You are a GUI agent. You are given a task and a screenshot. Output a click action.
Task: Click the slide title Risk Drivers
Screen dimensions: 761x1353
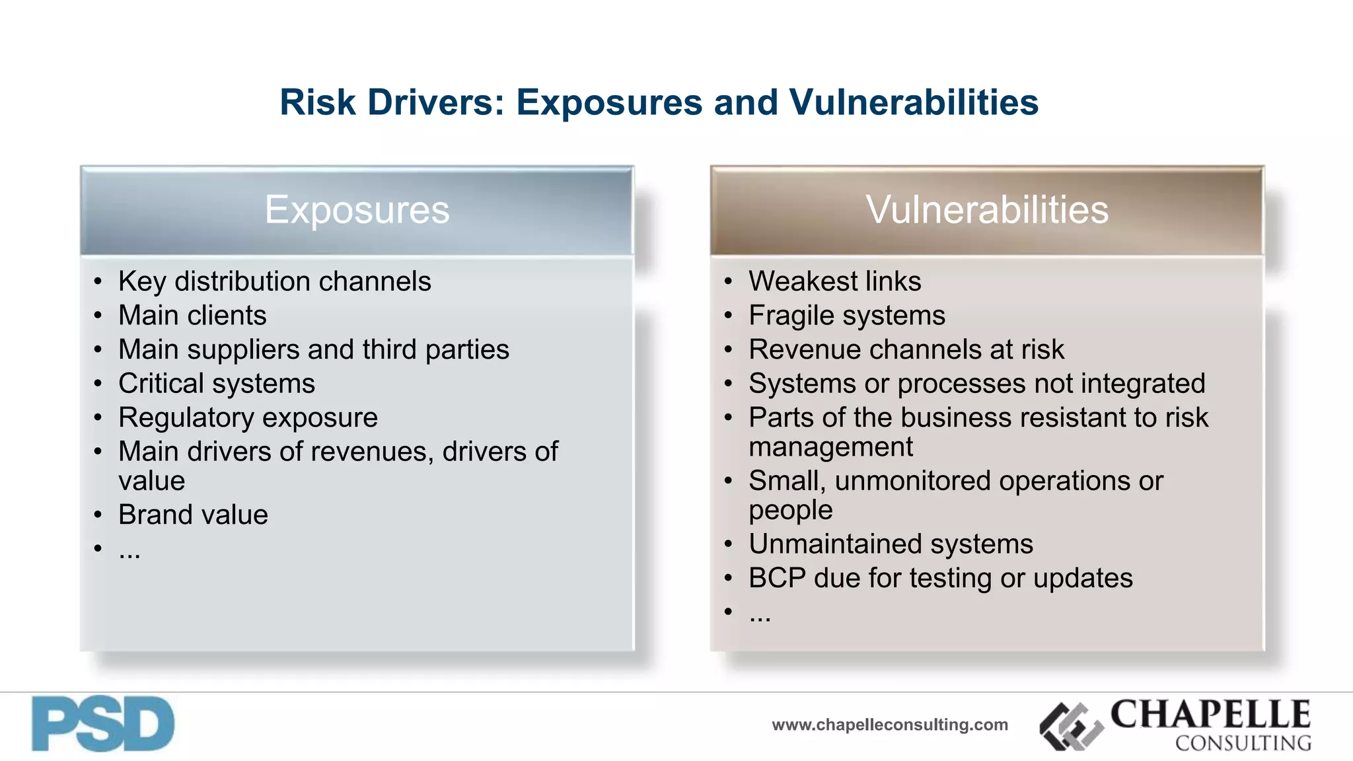(x=659, y=103)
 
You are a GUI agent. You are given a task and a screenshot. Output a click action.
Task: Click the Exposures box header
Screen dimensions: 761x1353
(x=357, y=210)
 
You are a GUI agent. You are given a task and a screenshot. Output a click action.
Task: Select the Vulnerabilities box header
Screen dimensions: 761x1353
(x=987, y=210)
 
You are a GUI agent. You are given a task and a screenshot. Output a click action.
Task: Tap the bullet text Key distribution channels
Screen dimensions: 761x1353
(x=274, y=281)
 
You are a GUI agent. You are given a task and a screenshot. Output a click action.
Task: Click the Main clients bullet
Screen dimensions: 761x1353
(x=192, y=316)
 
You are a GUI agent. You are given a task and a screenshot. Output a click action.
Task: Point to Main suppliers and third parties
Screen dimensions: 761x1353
(x=314, y=349)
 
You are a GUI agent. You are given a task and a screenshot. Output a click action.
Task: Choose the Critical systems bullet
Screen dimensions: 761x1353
(x=217, y=384)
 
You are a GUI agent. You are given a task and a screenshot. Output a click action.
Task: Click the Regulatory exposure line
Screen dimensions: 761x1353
(x=248, y=418)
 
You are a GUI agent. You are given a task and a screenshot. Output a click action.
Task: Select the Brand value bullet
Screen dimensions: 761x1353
(x=193, y=515)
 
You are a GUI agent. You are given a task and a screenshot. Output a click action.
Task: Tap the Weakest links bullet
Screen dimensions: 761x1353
(x=834, y=281)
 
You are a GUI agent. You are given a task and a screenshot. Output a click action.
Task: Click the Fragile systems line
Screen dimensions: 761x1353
(x=847, y=316)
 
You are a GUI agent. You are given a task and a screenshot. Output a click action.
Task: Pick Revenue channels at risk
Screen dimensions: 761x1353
(x=906, y=349)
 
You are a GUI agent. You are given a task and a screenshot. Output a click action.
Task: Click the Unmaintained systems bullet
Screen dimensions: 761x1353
(x=891, y=544)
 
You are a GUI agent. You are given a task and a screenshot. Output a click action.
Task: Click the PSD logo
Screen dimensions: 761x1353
(x=103, y=724)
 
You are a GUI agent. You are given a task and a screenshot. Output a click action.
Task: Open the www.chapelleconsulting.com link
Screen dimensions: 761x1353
(x=890, y=725)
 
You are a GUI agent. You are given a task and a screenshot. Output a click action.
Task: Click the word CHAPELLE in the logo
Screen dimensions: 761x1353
(x=1210, y=714)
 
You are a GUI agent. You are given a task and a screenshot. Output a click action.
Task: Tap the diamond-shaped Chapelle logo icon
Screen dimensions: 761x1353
(x=1071, y=727)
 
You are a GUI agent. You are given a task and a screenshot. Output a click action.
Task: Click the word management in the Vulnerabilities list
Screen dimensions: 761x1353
(x=830, y=447)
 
